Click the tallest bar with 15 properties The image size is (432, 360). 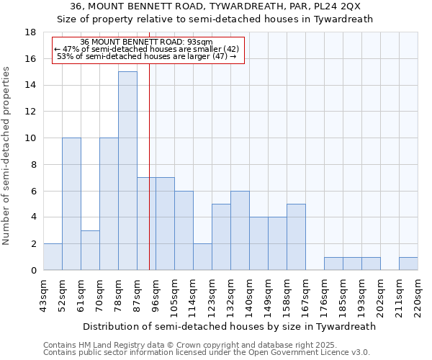tap(127, 171)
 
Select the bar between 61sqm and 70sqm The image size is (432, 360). tap(90, 250)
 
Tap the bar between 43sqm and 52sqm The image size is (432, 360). tap(53, 257)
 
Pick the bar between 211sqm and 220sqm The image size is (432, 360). tap(408, 264)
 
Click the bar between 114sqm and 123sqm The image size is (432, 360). tap(202, 257)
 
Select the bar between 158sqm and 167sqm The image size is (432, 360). tap(296, 237)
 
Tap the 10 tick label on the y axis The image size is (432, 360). tap(31, 138)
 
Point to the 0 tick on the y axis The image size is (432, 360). tap(34, 271)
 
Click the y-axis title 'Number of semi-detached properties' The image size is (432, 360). tap(7, 156)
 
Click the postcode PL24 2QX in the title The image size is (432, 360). tap(341, 6)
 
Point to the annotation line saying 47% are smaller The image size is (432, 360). tap(146, 49)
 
